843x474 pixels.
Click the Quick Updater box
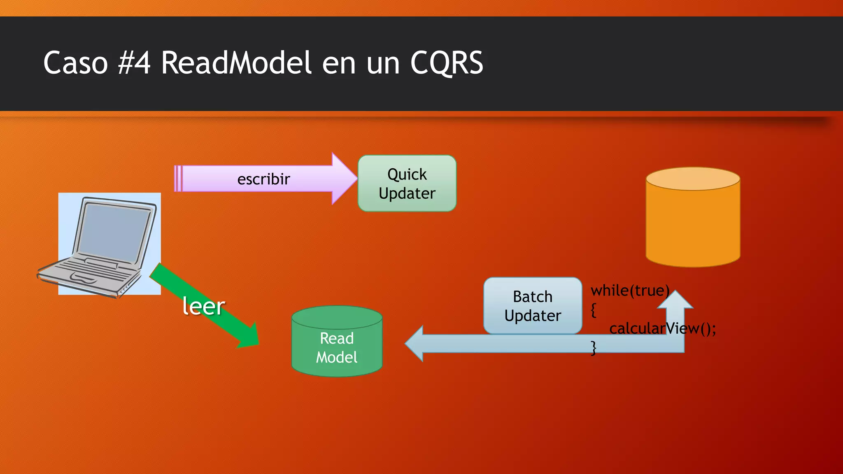[407, 184]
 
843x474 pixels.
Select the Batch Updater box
[533, 306]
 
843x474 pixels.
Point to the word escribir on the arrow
[263, 179]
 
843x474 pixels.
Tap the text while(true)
[630, 290]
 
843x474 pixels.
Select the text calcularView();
[662, 328]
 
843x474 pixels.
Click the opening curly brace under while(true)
[593, 310]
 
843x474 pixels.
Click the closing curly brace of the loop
[593, 348]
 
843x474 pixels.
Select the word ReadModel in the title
[236, 63]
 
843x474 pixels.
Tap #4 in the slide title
[134, 63]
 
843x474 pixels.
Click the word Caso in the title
[75, 63]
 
